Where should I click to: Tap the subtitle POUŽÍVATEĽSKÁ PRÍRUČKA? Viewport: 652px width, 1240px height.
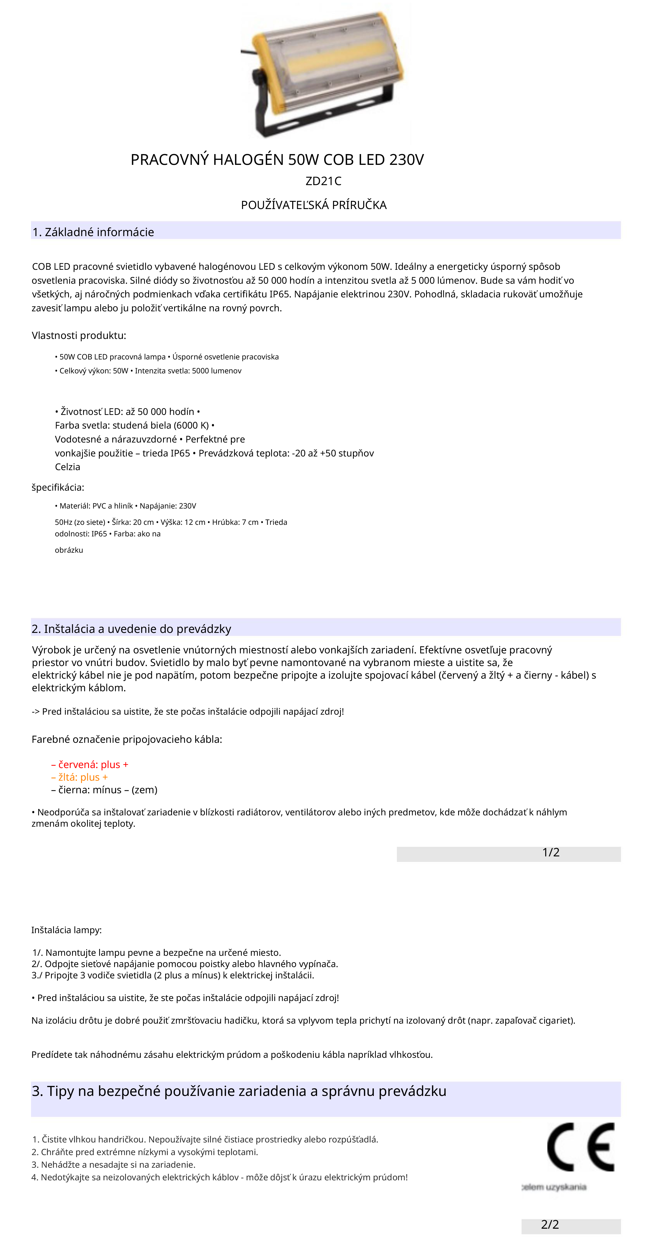(x=314, y=205)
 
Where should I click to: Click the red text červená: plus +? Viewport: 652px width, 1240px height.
(x=90, y=764)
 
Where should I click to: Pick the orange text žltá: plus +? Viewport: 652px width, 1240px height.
(x=80, y=777)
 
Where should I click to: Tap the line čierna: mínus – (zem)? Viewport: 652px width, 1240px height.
(x=104, y=789)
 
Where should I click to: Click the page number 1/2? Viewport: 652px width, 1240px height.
(x=550, y=852)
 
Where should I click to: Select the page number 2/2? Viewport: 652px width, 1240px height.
(x=549, y=1224)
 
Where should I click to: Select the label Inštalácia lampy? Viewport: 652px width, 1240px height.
(x=67, y=930)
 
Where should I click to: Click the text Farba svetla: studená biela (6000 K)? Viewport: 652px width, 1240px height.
(x=132, y=425)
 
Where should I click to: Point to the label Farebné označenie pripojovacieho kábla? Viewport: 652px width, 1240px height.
(x=127, y=739)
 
